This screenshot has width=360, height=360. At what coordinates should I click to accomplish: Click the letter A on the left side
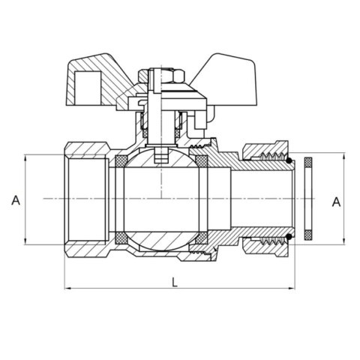click(14, 200)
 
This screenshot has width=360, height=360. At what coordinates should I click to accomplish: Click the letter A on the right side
click(336, 200)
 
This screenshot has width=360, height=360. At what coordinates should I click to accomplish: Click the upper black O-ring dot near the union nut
click(290, 160)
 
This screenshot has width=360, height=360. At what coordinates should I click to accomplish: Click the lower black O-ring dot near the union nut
click(290, 239)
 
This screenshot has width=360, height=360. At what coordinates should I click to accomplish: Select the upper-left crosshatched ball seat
click(121, 160)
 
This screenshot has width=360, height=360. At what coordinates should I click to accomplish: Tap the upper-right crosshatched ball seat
click(201, 160)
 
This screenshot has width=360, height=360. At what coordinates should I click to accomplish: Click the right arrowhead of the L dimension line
click(293, 289)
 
